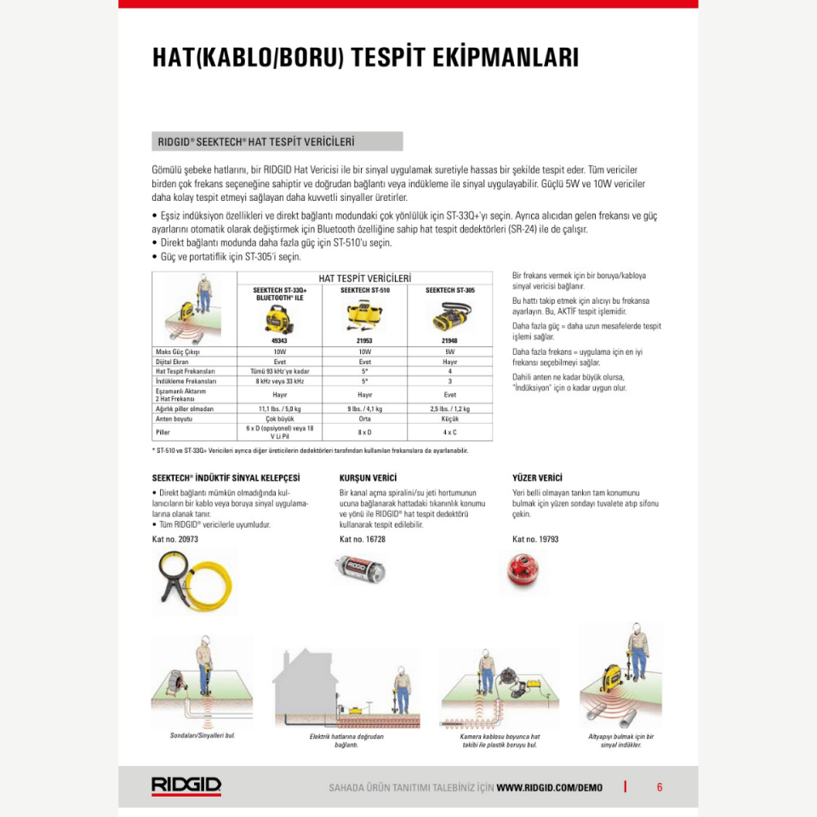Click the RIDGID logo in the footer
(x=186, y=786)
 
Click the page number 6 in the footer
(x=660, y=787)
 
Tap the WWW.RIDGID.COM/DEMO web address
(x=549, y=787)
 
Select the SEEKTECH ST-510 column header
(x=365, y=290)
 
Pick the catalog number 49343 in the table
(x=280, y=340)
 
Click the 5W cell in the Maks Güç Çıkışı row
(x=450, y=351)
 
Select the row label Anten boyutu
(x=174, y=419)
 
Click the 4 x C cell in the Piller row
(x=450, y=431)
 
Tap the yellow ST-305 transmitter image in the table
(x=450, y=317)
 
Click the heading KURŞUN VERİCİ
(x=368, y=478)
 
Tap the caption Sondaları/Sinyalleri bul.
(x=203, y=735)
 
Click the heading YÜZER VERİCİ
(x=537, y=478)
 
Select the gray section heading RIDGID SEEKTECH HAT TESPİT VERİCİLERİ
(x=277, y=141)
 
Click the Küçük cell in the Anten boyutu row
(x=450, y=419)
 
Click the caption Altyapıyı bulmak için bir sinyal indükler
(x=621, y=740)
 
